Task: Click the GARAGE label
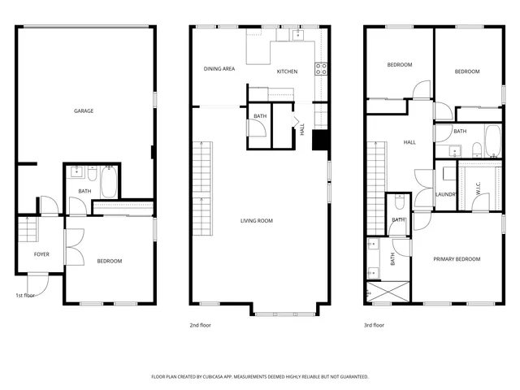click(82, 110)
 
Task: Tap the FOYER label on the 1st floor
click(41, 254)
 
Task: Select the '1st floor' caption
click(25, 295)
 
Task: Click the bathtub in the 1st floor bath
click(110, 182)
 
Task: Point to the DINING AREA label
click(219, 69)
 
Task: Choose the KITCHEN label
click(287, 71)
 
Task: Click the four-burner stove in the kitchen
click(321, 69)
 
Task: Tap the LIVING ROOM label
click(256, 221)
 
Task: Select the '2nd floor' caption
click(200, 325)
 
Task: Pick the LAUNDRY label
click(445, 194)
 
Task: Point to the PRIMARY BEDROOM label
click(456, 259)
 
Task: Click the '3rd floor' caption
click(374, 325)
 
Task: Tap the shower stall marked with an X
click(389, 292)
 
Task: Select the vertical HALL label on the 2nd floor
click(302, 129)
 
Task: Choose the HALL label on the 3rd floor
click(409, 142)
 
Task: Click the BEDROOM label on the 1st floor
click(110, 261)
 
